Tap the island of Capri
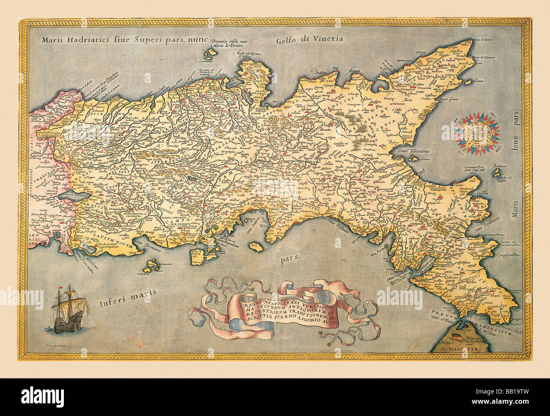click(x=254, y=245)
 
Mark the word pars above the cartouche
click(x=289, y=257)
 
